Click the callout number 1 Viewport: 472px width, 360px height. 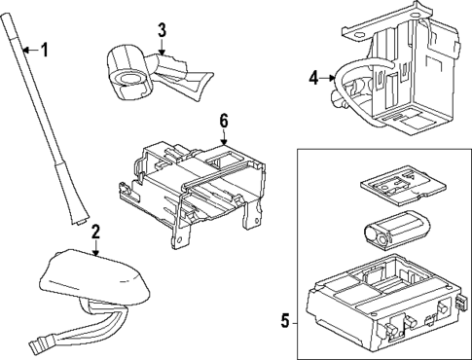pyautogui.click(x=44, y=49)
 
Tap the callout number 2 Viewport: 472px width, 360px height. pyautogui.click(x=96, y=232)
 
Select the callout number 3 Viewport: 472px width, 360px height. pyautogui.click(x=163, y=29)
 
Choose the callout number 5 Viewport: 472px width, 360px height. pyautogui.click(x=285, y=320)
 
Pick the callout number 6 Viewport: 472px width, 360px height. pyautogui.click(x=223, y=120)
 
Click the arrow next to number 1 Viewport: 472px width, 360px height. pyautogui.click(x=29, y=49)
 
